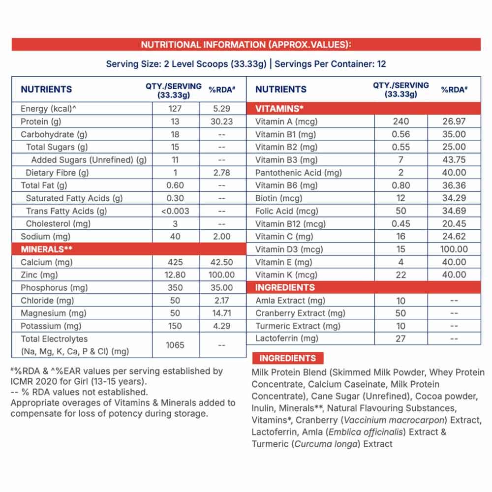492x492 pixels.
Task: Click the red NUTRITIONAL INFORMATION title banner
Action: click(x=246, y=45)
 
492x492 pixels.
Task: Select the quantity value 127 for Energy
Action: click(x=175, y=109)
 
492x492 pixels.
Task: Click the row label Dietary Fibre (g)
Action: click(x=57, y=173)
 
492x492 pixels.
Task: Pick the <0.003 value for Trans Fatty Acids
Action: click(x=175, y=211)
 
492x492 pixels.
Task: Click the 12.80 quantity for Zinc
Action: click(x=175, y=275)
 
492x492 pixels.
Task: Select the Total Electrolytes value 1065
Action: click(x=175, y=345)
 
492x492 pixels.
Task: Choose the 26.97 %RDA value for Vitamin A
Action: click(x=454, y=122)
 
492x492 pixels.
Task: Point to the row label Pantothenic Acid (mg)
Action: click(x=298, y=173)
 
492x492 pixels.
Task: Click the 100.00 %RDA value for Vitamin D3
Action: click(x=454, y=249)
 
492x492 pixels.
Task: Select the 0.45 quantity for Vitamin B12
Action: click(x=401, y=224)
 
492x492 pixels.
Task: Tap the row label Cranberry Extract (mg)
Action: click(x=300, y=313)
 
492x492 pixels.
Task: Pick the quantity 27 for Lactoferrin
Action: click(x=401, y=338)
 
